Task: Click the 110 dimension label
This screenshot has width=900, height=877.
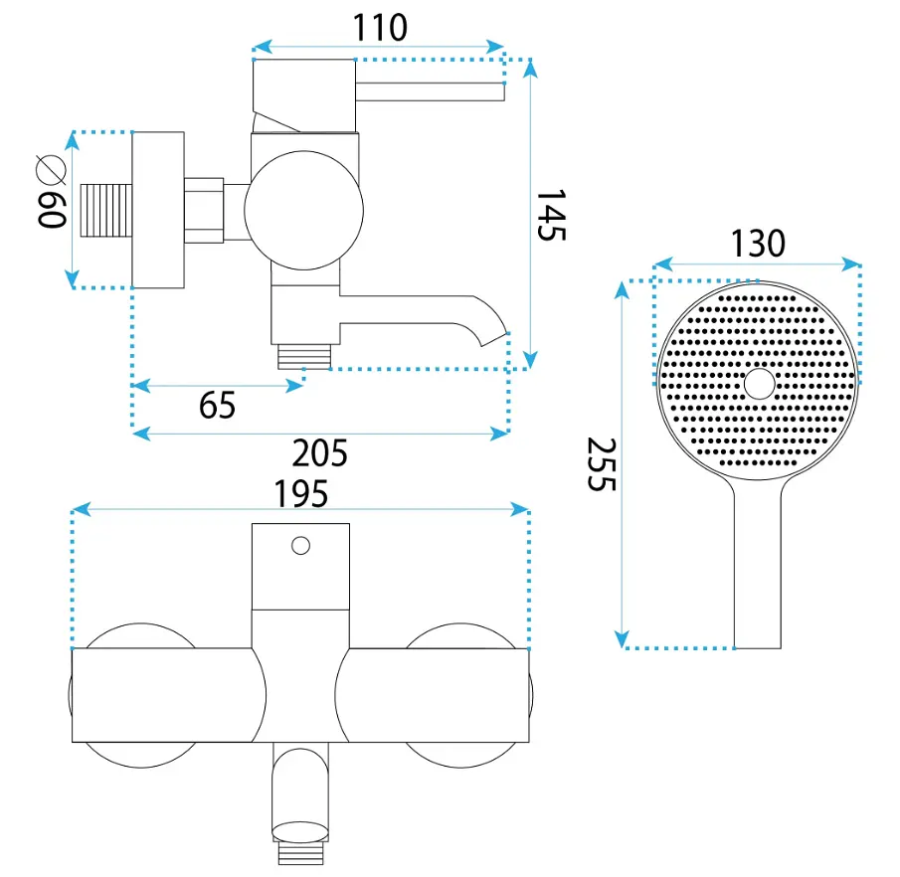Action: (x=380, y=27)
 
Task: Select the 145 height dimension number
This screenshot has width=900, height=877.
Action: (x=552, y=215)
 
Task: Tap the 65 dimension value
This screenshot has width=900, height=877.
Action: (x=217, y=406)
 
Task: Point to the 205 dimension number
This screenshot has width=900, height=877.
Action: (x=319, y=453)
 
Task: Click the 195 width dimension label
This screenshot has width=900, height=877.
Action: (x=300, y=494)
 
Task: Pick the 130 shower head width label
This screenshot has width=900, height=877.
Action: (x=758, y=244)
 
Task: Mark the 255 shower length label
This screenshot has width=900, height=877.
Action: (x=602, y=464)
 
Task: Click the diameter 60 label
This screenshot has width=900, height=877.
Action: (x=52, y=192)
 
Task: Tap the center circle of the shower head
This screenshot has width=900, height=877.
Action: (x=760, y=384)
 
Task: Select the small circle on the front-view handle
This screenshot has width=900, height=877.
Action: (x=300, y=545)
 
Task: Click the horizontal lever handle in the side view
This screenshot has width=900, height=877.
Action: (x=430, y=91)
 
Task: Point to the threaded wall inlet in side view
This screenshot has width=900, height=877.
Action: (x=106, y=211)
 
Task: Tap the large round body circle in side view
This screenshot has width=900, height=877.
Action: (x=303, y=211)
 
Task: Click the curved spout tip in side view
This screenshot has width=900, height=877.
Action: (x=493, y=339)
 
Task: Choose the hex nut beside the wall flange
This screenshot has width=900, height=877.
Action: (x=204, y=211)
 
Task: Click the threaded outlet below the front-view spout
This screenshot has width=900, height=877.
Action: (x=300, y=853)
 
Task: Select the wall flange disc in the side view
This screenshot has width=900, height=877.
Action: (x=158, y=210)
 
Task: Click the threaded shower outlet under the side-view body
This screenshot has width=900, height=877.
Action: (x=304, y=356)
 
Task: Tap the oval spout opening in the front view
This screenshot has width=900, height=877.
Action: (x=300, y=831)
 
